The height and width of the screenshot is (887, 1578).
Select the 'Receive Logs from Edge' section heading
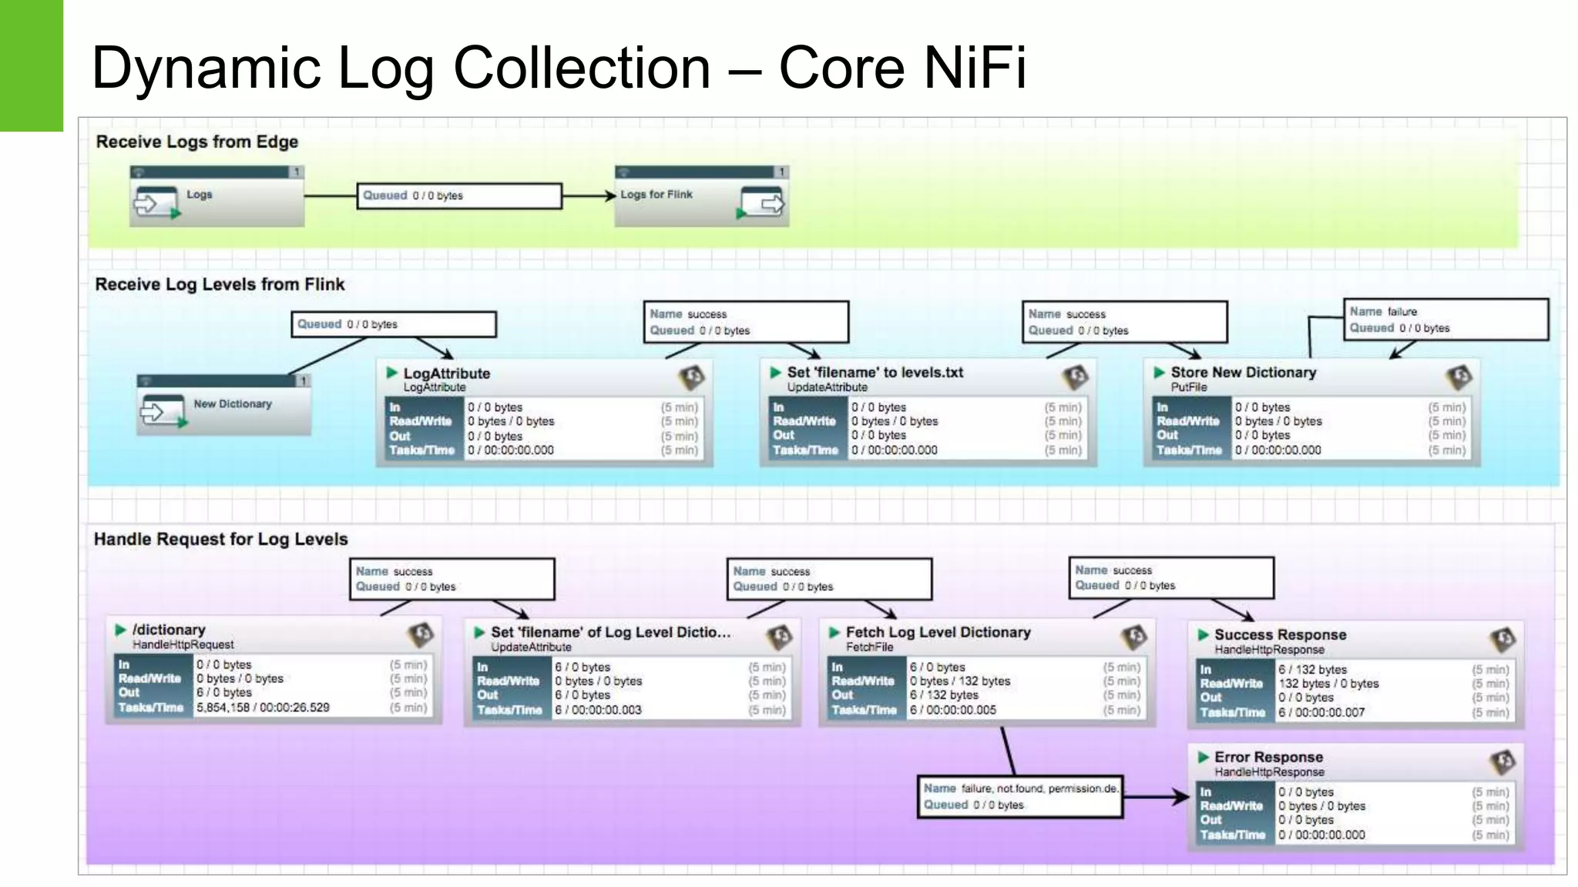(196, 142)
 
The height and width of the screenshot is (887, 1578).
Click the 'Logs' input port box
(217, 197)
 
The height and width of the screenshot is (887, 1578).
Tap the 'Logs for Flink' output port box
(700, 197)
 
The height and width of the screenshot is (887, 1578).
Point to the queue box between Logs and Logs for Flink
(458, 196)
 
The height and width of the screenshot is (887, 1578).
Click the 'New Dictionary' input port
(223, 407)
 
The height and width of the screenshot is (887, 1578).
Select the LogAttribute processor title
(446, 373)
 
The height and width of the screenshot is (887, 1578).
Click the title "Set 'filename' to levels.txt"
(875, 373)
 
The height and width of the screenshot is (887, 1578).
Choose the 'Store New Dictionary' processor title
(1243, 373)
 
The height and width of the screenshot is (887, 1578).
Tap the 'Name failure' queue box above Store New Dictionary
(1445, 320)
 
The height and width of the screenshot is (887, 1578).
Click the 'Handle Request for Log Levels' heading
(220, 539)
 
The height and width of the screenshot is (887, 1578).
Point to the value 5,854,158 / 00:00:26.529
(263, 708)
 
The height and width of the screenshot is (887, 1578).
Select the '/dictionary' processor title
(169, 630)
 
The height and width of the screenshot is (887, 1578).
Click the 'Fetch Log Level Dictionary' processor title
(938, 632)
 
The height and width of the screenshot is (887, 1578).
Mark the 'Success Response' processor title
(1280, 635)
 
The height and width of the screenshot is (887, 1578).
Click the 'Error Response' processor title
(1268, 758)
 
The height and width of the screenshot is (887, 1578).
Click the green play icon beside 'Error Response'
(1204, 758)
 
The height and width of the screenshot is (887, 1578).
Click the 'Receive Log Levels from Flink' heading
(220, 284)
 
